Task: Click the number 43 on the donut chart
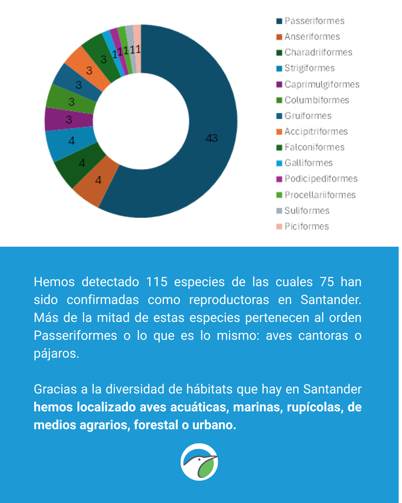[x=211, y=138]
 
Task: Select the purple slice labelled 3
[x=69, y=120]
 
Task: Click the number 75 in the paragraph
[x=327, y=282]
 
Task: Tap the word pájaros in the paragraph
[x=56, y=354]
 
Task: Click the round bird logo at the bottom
[x=199, y=462]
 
